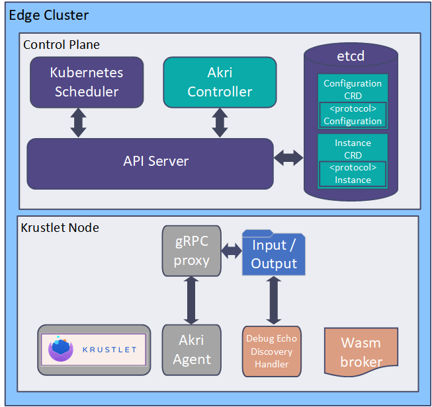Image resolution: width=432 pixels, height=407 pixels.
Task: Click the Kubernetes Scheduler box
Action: coord(87,82)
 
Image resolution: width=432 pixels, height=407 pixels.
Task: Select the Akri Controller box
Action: coord(220,82)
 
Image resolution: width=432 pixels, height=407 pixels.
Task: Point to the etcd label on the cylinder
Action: coord(351,57)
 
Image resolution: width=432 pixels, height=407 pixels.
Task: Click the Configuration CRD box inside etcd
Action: coord(353,89)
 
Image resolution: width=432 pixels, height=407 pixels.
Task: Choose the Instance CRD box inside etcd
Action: coord(353,148)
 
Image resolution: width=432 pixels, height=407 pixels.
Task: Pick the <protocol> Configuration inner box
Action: coord(353,115)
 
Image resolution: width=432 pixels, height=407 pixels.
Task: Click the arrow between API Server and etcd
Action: coord(288,158)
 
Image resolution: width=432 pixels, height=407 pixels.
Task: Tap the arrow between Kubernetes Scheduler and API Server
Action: coord(79,122)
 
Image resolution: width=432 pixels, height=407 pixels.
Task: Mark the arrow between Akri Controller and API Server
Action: coord(220,122)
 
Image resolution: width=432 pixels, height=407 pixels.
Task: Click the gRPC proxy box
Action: coord(192,251)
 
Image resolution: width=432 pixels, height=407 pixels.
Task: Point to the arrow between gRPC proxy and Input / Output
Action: coord(232,252)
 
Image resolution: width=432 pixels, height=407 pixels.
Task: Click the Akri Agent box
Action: coord(192,351)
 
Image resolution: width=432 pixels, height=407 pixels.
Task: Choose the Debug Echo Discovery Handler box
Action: coord(272,351)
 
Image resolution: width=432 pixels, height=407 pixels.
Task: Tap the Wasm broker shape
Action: coord(361,351)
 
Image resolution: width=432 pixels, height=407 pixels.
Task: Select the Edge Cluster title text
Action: coord(48,15)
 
